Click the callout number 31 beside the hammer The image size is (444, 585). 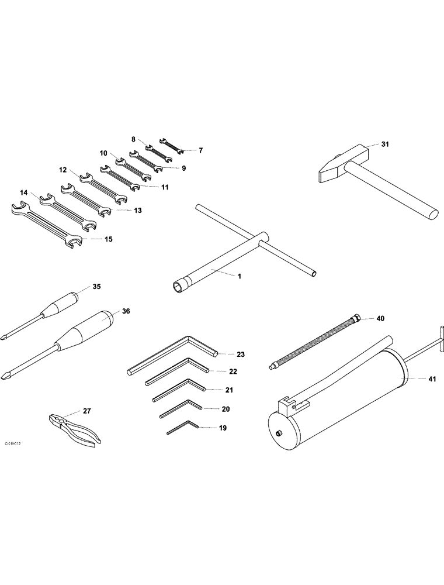pos(384,144)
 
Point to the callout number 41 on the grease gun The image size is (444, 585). pos(432,380)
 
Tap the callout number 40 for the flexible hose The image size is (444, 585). pos(380,319)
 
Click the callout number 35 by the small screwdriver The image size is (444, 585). pos(97,287)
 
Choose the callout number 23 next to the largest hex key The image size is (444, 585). pos(241,355)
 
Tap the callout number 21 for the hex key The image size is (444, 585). pos(229,390)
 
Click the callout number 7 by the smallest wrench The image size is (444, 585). pos(200,150)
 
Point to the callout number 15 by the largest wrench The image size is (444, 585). pos(108,239)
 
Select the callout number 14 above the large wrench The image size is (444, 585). pos(23,192)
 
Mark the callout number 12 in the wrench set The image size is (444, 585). pos(63,170)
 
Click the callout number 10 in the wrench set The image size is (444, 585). pos(103,153)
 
